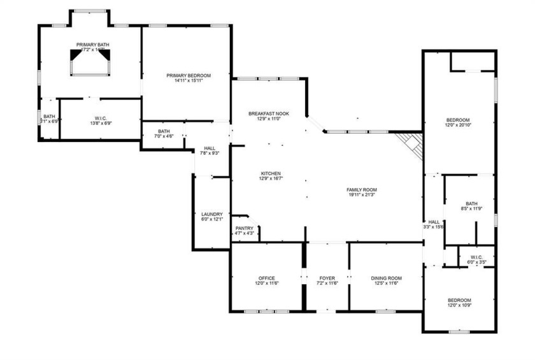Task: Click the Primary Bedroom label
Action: pyautogui.click(x=189, y=75)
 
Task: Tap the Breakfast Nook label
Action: pyautogui.click(x=268, y=113)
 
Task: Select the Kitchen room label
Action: pyautogui.click(x=271, y=174)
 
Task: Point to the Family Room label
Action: pyautogui.click(x=362, y=190)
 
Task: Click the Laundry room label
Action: pyautogui.click(x=211, y=214)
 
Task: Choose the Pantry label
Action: pyautogui.click(x=245, y=228)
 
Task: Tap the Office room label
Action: pyautogui.click(x=266, y=278)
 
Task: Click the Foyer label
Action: pyautogui.click(x=326, y=278)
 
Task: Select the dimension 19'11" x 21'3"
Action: pyautogui.click(x=362, y=195)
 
